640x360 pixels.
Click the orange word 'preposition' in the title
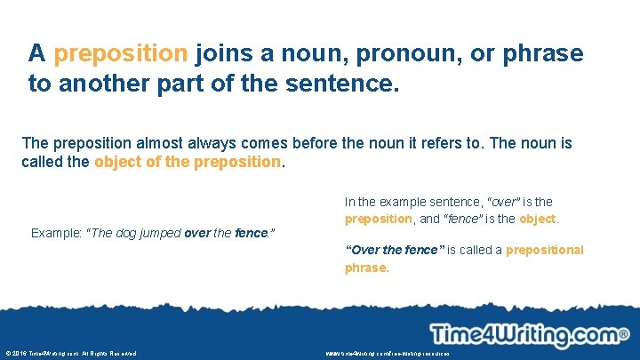121,53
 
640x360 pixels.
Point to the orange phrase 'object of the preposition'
187,163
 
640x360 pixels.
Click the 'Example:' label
56,233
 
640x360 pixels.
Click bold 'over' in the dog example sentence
196,233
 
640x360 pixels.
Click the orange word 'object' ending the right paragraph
538,219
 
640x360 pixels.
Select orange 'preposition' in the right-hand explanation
378,219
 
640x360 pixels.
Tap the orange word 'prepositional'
544,250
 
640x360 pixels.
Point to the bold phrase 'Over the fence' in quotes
392,250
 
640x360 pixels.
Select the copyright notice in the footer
70,354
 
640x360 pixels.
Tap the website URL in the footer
388,354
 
